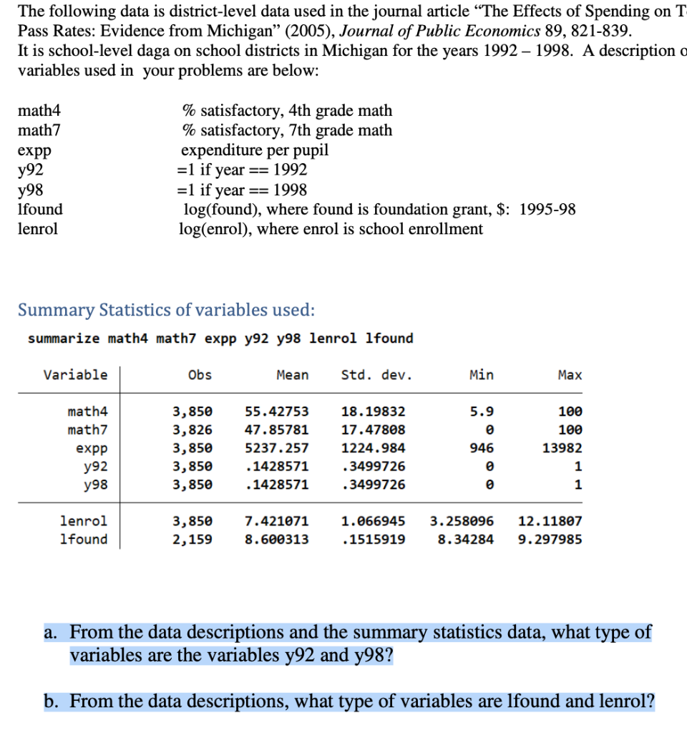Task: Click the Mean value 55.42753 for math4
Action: tap(277, 412)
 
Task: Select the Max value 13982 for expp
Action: tap(563, 448)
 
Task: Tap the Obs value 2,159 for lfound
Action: tap(193, 539)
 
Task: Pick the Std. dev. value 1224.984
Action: tap(373, 448)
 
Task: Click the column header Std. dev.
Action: tap(376, 374)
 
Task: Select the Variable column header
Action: tap(75, 374)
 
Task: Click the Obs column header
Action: tap(200, 374)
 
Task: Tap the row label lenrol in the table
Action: tap(84, 521)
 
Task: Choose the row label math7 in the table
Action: tap(87, 429)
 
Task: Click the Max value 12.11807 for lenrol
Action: tap(550, 521)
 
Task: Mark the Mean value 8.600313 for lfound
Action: tap(277, 539)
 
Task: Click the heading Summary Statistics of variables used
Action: tap(166, 310)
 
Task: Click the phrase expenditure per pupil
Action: tap(255, 150)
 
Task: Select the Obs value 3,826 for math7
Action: tap(193, 429)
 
